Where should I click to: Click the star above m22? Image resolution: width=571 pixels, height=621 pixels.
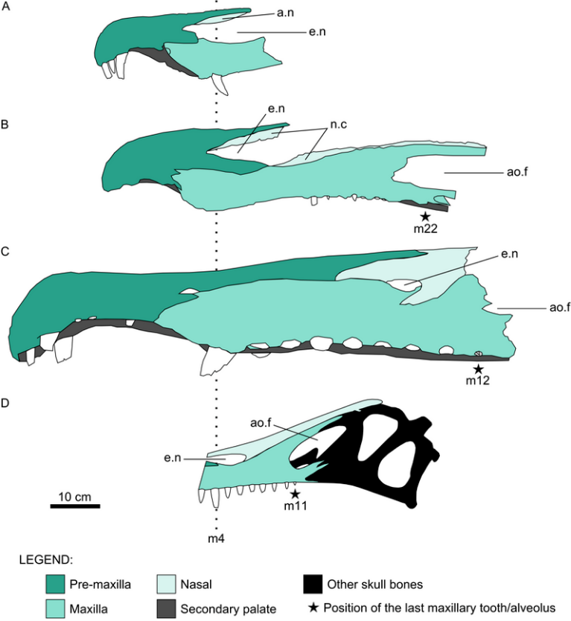tap(424, 216)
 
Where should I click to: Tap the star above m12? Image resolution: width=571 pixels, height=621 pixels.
tap(479, 369)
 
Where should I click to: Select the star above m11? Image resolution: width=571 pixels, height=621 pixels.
tap(295, 493)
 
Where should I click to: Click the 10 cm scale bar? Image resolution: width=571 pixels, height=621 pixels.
tap(75, 506)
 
